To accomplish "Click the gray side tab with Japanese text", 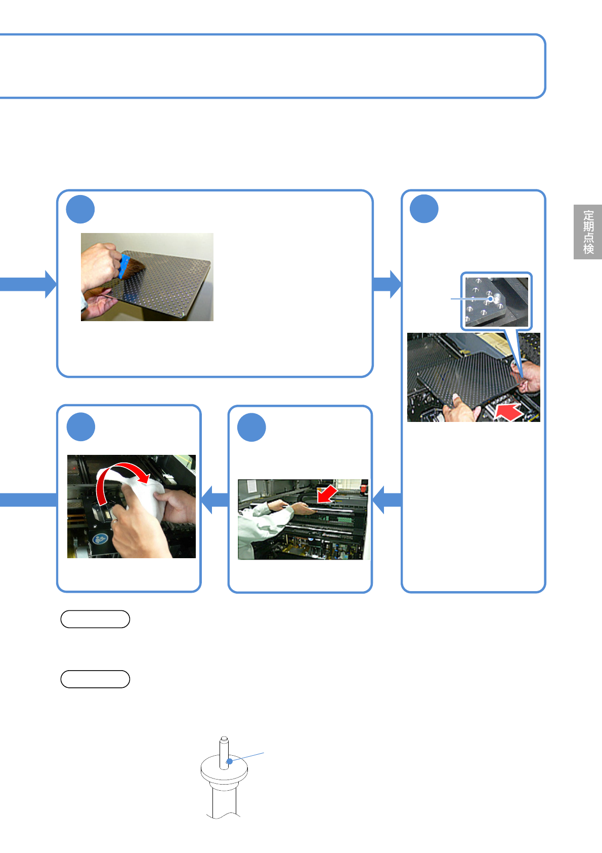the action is click(588, 232).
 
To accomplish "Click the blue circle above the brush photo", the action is click(80, 209).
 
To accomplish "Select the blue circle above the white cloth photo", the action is click(81, 427).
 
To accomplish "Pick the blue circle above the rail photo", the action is click(251, 428).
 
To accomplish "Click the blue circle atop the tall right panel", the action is click(424, 209).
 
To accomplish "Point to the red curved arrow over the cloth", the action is click(121, 476).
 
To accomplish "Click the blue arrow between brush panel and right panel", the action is click(386, 284).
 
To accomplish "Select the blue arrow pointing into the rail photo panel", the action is click(386, 499).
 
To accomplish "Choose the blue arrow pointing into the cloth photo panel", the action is click(214, 499).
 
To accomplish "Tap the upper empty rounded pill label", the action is click(95, 619).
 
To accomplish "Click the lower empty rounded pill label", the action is click(95, 679).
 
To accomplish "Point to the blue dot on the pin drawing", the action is click(229, 761).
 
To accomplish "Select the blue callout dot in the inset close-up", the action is click(490, 299).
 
